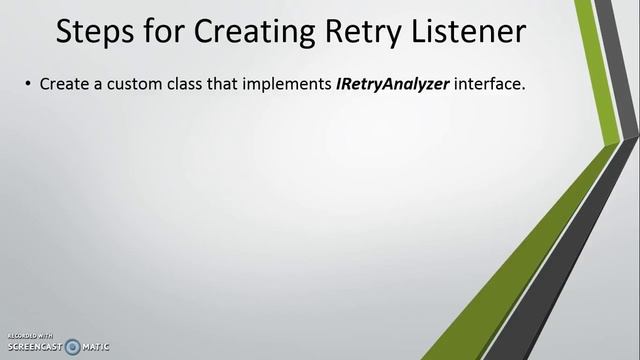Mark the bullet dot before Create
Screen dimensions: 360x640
click(27, 85)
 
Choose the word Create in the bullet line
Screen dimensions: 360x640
click(62, 85)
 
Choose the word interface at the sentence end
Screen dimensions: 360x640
click(489, 85)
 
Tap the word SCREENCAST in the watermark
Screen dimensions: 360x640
click(32, 347)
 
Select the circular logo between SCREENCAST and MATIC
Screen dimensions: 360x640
click(72, 346)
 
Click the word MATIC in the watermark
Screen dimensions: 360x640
click(96, 347)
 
